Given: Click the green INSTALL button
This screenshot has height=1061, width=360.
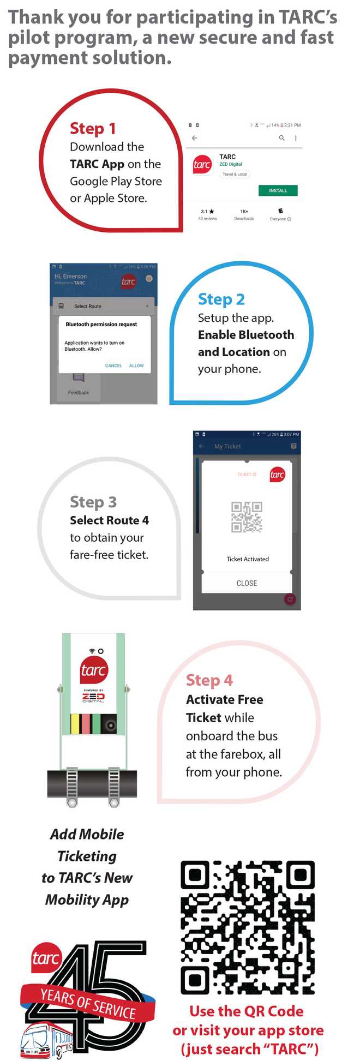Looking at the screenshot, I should [278, 190].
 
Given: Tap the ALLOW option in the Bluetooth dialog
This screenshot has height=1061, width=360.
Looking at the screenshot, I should [136, 365].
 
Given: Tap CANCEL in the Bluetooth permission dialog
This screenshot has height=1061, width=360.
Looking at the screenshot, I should [113, 365].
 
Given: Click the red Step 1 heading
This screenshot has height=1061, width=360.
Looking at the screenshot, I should [93, 129].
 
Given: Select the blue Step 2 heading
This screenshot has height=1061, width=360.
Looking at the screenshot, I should [221, 299].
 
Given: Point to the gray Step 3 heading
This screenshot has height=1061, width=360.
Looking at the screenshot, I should [93, 502].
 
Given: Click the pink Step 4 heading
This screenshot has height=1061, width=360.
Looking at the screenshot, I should [209, 680].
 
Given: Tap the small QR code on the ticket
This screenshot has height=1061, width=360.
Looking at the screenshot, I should [247, 517].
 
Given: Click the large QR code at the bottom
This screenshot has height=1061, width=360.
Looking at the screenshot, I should [247, 927].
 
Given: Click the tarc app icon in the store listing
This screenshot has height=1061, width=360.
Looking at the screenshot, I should [202, 164].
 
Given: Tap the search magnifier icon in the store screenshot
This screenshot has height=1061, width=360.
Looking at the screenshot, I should [281, 138].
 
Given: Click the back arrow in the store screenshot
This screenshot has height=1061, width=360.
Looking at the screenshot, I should [195, 138].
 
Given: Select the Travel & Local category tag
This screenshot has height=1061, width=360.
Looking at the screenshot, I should [235, 174].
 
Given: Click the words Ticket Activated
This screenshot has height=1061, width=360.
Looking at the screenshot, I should [248, 559].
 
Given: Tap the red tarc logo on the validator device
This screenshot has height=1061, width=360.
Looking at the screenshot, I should [93, 670].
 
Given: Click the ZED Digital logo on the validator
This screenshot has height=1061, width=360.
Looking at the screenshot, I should [93, 697].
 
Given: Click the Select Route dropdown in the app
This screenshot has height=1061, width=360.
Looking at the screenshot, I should [104, 306].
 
